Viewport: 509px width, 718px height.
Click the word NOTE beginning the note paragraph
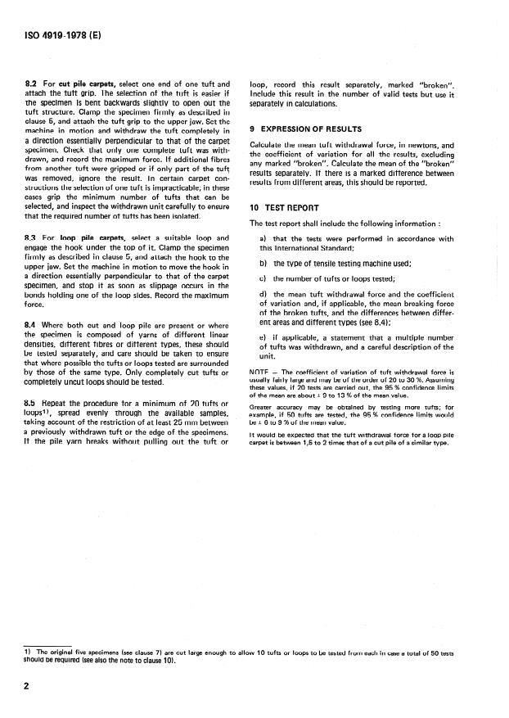click(x=261, y=374)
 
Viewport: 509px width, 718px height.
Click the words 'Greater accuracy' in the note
click(x=277, y=405)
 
